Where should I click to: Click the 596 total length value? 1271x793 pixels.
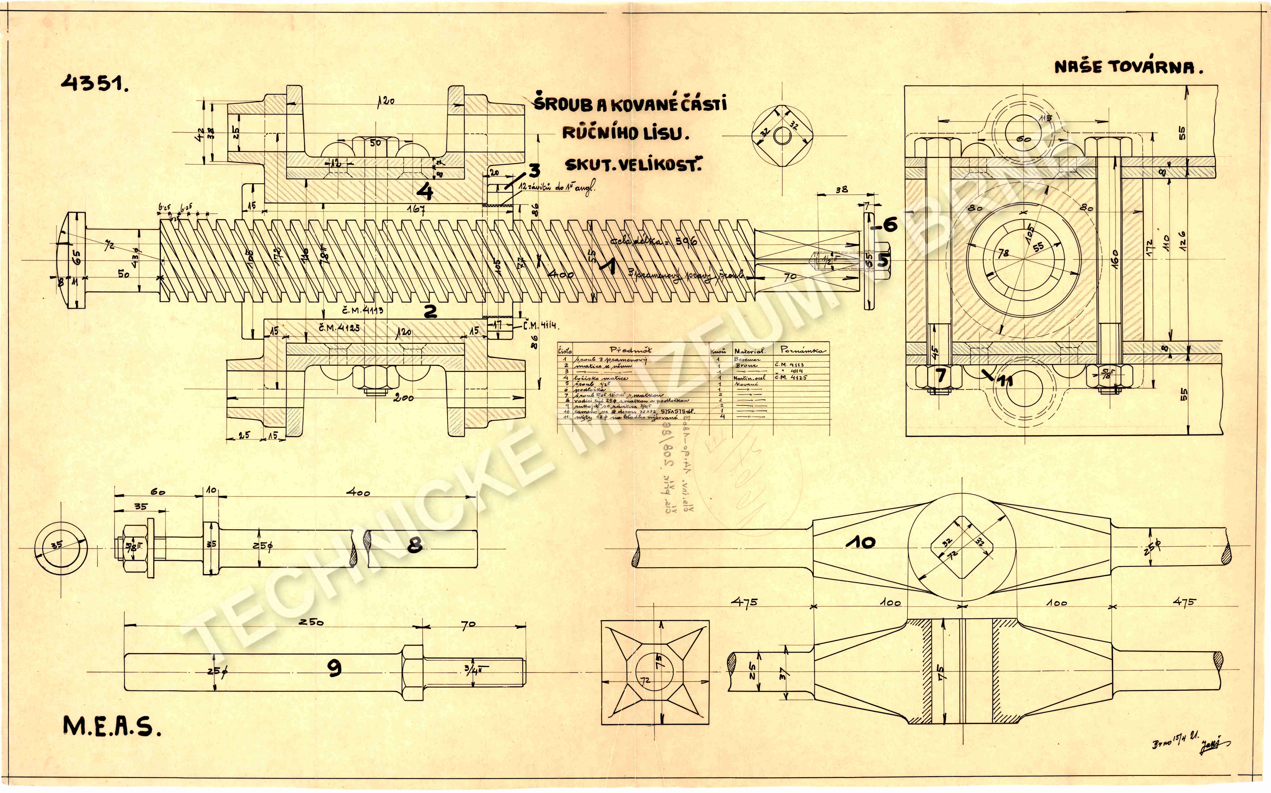click(686, 242)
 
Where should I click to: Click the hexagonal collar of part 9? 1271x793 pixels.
click(412, 673)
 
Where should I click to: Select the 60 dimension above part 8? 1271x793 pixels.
click(158, 492)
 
